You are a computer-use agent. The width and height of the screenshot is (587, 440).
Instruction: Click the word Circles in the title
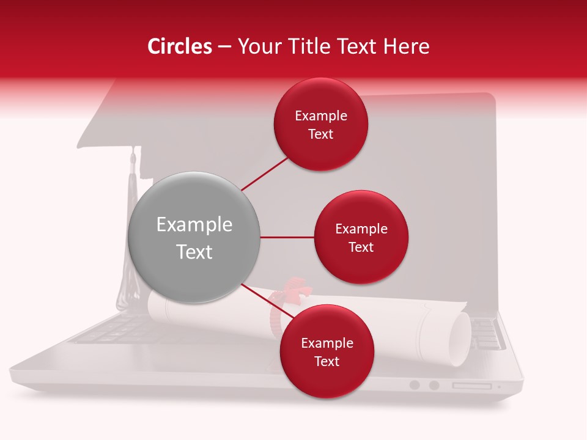tap(180, 46)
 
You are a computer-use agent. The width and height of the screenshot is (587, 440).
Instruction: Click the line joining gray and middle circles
tap(287, 237)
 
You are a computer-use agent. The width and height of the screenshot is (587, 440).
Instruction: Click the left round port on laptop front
tap(415, 385)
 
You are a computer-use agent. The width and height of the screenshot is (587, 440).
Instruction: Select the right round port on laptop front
tap(434, 385)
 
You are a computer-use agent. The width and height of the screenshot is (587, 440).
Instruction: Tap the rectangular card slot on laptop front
tap(471, 386)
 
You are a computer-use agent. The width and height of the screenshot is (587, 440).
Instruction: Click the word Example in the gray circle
tap(194, 225)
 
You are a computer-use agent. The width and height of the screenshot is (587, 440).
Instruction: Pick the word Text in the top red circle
tap(321, 134)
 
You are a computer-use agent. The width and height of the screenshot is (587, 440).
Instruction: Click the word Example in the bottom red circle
tap(327, 343)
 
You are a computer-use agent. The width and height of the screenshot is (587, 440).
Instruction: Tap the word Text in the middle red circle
tap(361, 248)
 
